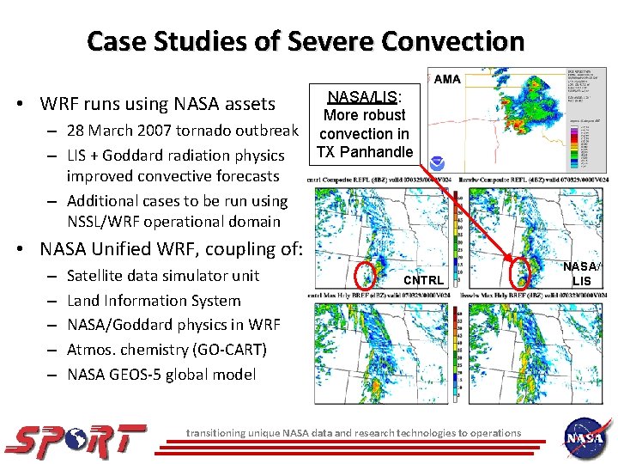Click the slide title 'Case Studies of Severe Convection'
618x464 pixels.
pyautogui.click(x=306, y=41)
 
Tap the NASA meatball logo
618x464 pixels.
pyautogui.click(x=585, y=437)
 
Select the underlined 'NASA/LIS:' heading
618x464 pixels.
pyautogui.click(x=365, y=95)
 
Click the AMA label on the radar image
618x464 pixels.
pyautogui.click(x=447, y=79)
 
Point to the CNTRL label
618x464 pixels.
pyautogui.click(x=423, y=280)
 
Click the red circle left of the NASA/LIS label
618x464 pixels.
pyautogui.click(x=521, y=273)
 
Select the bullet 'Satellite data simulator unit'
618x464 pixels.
pyautogui.click(x=162, y=276)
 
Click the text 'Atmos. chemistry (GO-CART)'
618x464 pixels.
pyautogui.click(x=167, y=350)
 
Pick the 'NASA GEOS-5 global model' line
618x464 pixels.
pyautogui.click(x=161, y=375)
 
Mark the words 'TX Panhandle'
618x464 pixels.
pyautogui.click(x=365, y=152)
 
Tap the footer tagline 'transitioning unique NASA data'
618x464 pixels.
pyautogui.click(x=353, y=432)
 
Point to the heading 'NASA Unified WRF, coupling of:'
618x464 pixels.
pyautogui.click(x=171, y=250)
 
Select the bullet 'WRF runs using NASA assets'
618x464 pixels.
pyautogui.click(x=157, y=104)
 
